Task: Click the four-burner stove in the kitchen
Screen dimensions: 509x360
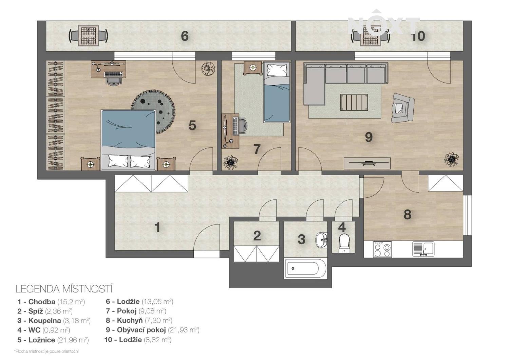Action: tap(382, 249)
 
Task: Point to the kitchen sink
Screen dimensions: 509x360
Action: tap(423, 249)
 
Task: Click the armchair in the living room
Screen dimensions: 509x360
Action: tap(402, 108)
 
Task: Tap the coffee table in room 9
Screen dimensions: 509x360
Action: tap(354, 102)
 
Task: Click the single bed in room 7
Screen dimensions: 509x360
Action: tap(277, 92)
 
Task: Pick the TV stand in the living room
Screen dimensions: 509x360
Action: tap(367, 163)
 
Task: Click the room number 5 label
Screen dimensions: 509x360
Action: tap(192, 126)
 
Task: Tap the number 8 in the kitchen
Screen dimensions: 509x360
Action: tap(408, 214)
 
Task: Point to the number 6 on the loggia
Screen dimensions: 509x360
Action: tap(185, 36)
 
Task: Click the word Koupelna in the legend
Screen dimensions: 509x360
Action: tap(45, 321)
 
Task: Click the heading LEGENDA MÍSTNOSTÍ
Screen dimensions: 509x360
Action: tap(64, 289)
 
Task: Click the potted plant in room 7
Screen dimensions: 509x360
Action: tap(231, 162)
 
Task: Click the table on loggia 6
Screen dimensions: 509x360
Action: tap(88, 36)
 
